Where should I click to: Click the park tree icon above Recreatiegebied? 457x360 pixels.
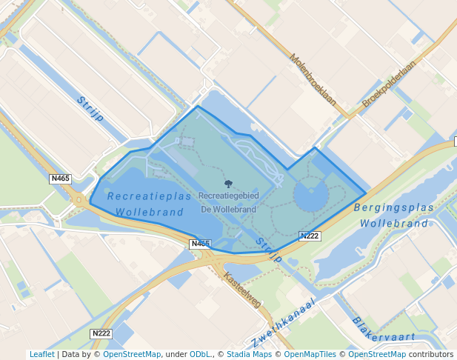tap(228, 184)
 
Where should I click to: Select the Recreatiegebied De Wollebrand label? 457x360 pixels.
tap(228, 202)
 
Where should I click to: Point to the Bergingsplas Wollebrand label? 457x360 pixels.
tap(393, 216)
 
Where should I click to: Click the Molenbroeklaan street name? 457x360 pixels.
tap(313, 80)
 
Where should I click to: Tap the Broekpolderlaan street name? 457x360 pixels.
tap(389, 84)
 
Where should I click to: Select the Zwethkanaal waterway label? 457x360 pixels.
tap(284, 324)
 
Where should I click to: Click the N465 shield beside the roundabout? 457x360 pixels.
tap(60, 179)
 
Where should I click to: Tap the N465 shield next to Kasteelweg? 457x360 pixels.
tap(200, 244)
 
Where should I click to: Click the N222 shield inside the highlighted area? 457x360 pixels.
tap(310, 236)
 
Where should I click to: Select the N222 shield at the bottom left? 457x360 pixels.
tap(101, 333)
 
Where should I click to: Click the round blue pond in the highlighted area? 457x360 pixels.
tap(311, 196)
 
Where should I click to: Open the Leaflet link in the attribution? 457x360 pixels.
tap(41, 355)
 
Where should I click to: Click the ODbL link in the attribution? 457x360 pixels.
tap(201, 355)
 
